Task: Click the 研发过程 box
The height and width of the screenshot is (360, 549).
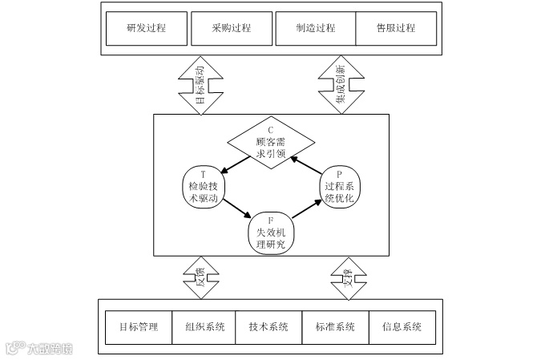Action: point(146,28)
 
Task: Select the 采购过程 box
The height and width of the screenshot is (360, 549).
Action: point(232,28)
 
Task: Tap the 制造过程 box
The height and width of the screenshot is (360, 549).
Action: point(315,28)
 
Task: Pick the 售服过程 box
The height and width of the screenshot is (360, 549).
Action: point(396,28)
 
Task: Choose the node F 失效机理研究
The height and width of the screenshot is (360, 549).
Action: point(271,233)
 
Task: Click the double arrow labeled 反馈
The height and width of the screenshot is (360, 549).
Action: point(200,277)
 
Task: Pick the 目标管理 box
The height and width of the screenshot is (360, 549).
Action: point(138,327)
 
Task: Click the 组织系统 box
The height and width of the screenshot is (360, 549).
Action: point(204,327)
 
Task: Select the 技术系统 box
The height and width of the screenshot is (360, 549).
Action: point(269,327)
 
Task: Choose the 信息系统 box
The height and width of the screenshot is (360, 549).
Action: point(402,327)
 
